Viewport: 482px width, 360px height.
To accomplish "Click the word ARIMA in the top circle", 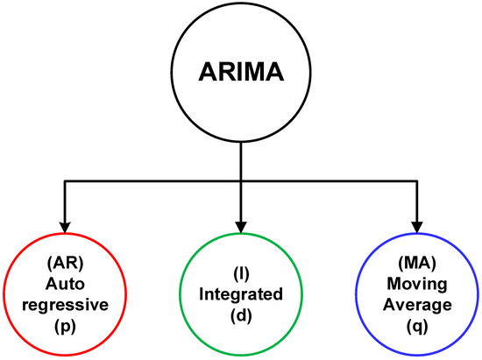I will click(x=240, y=71).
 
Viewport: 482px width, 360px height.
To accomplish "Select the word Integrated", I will click(x=240, y=295).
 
